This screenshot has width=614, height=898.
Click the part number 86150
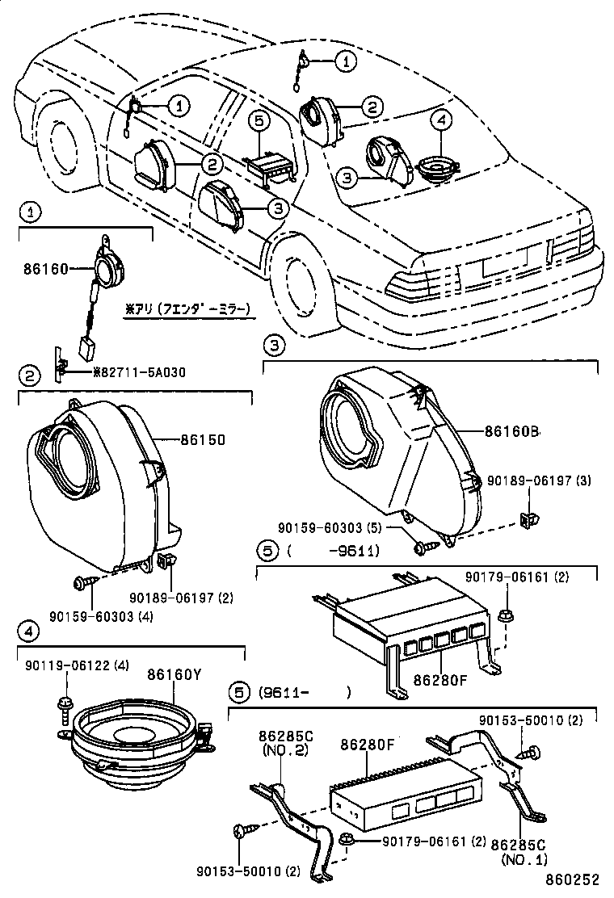[202, 440]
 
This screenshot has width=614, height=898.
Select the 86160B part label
[512, 431]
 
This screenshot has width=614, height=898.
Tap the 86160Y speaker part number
[174, 673]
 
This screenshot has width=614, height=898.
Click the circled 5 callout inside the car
[256, 120]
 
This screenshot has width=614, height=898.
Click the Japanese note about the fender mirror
[187, 308]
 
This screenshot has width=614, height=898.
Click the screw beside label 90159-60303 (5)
[421, 547]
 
